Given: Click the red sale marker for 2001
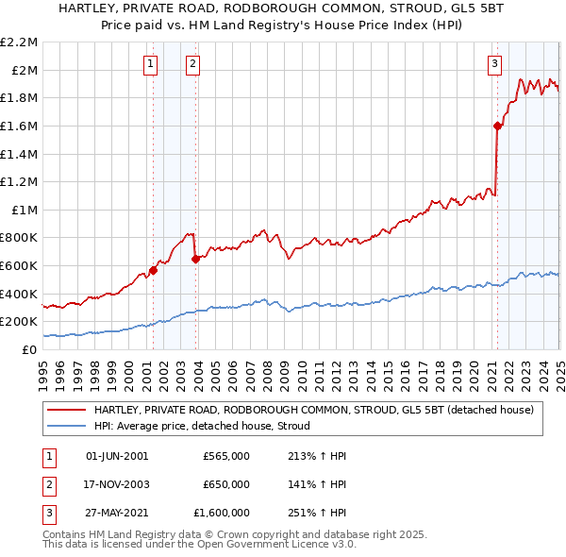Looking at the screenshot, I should click(x=153, y=270).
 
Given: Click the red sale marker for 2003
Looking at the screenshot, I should click(x=195, y=259).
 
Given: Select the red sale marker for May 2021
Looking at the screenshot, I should click(x=497, y=126).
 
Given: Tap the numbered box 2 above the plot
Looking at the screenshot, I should click(x=192, y=64).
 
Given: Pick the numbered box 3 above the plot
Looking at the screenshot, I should click(x=495, y=64).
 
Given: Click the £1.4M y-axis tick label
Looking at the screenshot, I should click(x=20, y=154).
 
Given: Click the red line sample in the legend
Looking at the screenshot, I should click(x=66, y=411).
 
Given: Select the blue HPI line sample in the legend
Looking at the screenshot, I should click(x=66, y=427).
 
